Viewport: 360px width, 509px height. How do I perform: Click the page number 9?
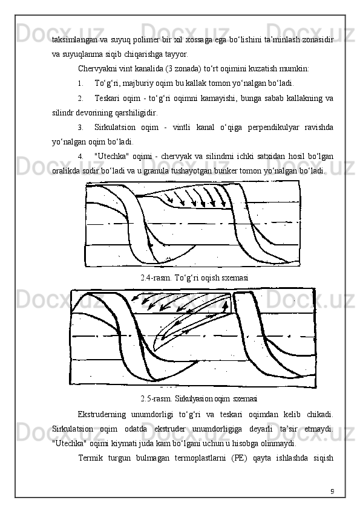332,491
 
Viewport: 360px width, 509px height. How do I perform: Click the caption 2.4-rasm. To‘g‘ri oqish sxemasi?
194,278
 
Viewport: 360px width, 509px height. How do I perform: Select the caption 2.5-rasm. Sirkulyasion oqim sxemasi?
199,398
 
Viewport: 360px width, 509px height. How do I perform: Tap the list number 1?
80,83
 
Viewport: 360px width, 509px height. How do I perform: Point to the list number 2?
80,99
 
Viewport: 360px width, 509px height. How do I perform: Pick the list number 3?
80,127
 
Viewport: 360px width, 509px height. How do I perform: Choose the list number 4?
80,157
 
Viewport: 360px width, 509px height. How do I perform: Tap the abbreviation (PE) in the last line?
239,458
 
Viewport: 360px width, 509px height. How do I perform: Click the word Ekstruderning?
102,415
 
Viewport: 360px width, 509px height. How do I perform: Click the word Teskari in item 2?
106,98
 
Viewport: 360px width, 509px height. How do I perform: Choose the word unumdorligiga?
217,429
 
